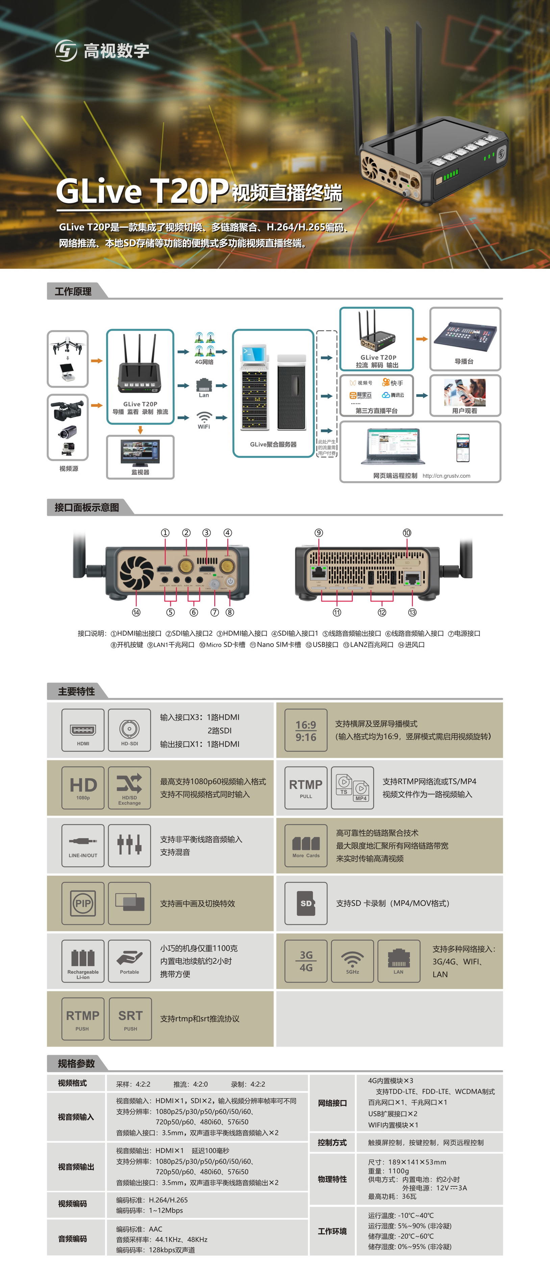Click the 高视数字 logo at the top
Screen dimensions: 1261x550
click(102, 50)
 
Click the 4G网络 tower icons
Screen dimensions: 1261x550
click(204, 344)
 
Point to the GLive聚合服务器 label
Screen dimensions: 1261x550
click(273, 444)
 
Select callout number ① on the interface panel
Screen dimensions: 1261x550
click(165, 533)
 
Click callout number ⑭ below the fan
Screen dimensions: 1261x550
click(136, 612)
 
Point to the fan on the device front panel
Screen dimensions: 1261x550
click(136, 572)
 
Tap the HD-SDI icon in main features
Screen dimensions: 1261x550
click(129, 730)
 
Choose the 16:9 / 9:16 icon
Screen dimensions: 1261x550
click(306, 730)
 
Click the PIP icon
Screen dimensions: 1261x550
click(83, 903)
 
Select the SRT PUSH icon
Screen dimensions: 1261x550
click(130, 1019)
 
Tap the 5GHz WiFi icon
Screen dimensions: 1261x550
click(352, 961)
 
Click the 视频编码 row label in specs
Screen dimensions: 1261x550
click(73, 1204)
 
